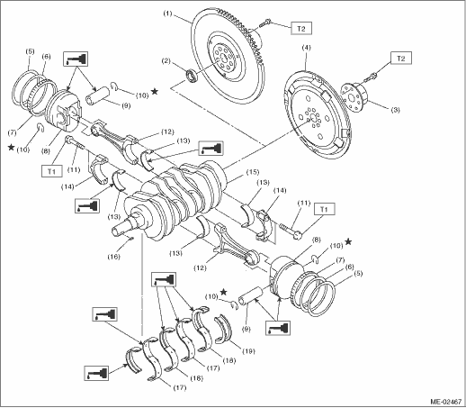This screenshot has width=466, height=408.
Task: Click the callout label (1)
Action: pos(167,14)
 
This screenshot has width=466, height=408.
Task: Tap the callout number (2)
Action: pos(166,61)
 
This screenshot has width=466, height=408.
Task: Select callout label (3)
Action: pos(395,110)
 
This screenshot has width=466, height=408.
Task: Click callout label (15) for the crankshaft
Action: pos(253,172)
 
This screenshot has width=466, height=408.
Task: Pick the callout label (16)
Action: pos(114,257)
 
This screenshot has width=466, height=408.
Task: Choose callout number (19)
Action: pos(248,351)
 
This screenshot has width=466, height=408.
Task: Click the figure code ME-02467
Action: pos(446,402)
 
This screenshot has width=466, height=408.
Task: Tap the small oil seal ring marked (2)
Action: pos(191,76)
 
